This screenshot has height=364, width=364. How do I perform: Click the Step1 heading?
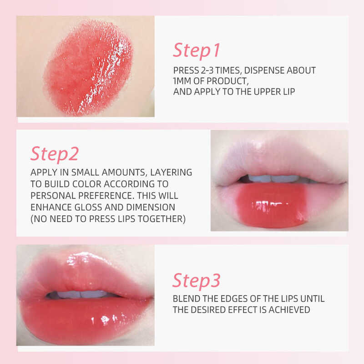(x=197, y=51)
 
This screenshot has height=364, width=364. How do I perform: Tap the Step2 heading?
(x=55, y=154)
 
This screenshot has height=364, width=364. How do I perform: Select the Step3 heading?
(x=197, y=281)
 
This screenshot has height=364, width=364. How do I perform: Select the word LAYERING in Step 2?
(x=171, y=172)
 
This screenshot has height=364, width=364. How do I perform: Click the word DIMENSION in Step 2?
(x=151, y=207)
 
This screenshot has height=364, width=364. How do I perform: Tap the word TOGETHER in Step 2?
(x=162, y=219)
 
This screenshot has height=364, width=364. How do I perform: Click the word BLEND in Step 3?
(x=187, y=299)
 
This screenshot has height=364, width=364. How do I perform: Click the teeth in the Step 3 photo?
(x=82, y=294)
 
